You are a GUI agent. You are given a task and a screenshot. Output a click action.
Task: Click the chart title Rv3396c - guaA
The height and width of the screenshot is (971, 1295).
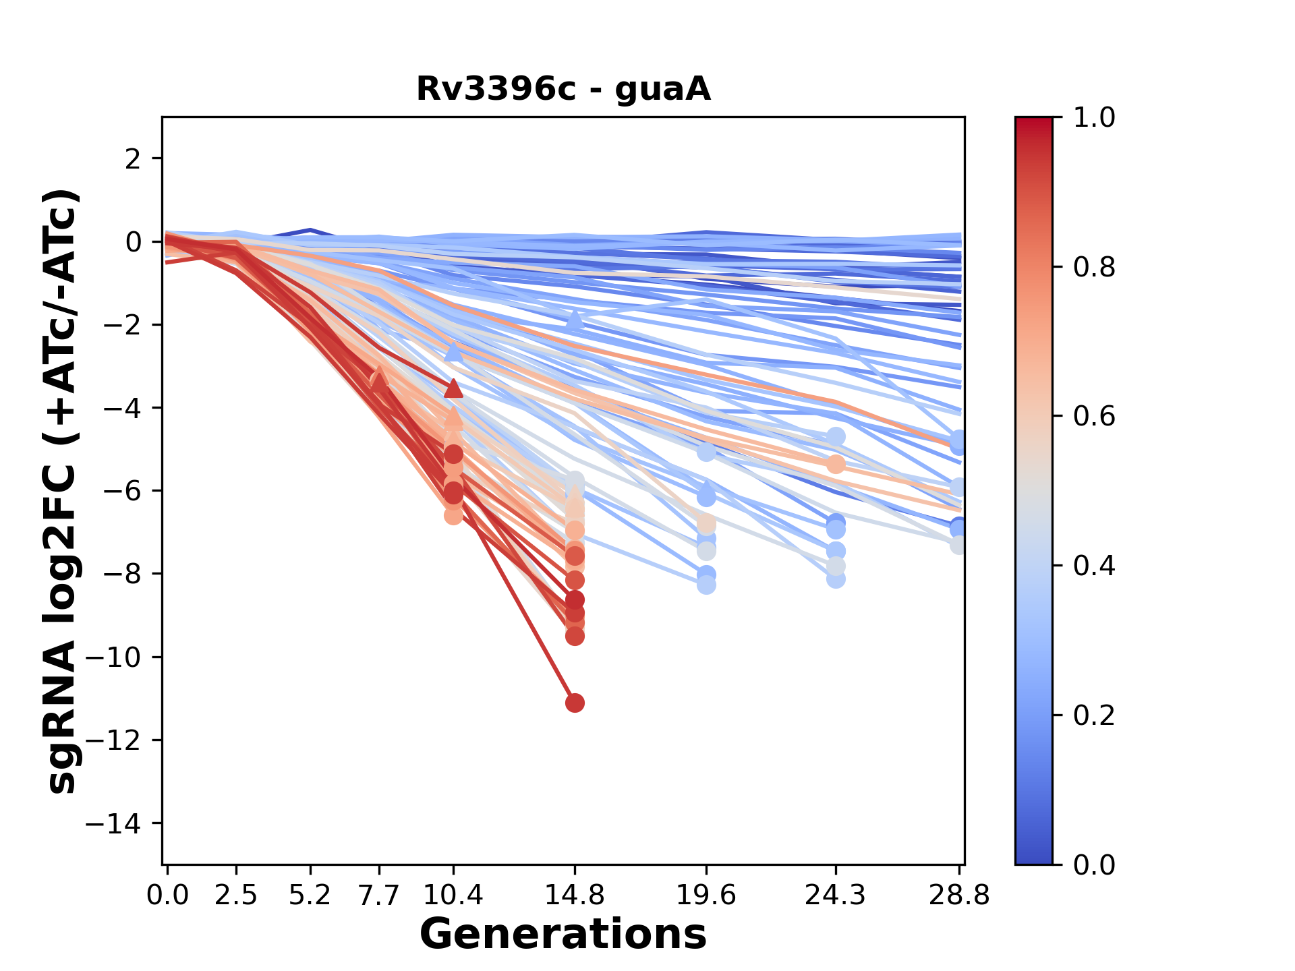[563, 89]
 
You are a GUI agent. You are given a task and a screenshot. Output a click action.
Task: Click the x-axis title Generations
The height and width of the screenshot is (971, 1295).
[563, 935]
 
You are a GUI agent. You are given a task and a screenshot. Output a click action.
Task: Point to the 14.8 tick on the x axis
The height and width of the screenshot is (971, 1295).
[575, 895]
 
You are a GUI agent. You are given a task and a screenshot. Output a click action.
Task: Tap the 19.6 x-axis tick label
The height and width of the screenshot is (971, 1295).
[706, 895]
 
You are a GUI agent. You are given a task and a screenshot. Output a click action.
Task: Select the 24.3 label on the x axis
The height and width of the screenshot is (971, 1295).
[835, 895]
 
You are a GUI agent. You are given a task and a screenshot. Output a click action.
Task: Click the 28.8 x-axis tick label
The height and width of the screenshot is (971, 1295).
[959, 895]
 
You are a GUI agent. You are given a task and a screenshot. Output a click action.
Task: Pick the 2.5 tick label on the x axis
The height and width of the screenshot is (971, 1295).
[236, 895]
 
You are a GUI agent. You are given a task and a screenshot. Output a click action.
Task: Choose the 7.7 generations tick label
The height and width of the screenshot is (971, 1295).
[379, 895]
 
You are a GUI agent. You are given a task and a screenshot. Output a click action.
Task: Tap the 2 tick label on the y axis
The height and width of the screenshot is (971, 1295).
[134, 159]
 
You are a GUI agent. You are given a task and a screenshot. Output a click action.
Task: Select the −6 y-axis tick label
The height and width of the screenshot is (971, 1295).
[121, 491]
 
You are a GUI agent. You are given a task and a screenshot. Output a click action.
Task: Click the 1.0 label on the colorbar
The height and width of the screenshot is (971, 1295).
[1094, 118]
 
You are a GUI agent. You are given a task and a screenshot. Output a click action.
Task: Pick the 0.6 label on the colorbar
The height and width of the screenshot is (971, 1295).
[1094, 417]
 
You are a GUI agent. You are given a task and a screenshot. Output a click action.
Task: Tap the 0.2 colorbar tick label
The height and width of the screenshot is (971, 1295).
[1094, 715]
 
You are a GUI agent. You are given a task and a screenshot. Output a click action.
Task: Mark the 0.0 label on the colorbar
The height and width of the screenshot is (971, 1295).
[1094, 864]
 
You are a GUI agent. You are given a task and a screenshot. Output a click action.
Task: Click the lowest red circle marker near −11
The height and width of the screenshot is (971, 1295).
[575, 703]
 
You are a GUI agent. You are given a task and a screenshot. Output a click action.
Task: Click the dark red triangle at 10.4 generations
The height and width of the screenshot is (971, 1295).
[453, 388]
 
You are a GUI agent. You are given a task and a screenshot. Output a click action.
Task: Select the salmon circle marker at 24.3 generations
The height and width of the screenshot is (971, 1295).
[836, 464]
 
